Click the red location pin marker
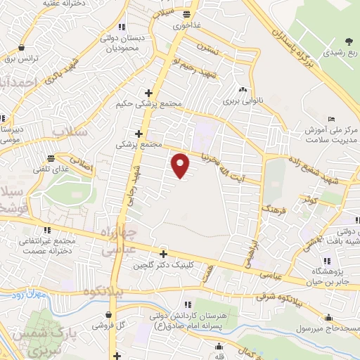[x=181, y=166]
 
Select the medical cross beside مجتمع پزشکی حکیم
[x=148, y=93]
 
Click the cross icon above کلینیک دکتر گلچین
[x=163, y=255]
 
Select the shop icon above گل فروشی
[x=111, y=314]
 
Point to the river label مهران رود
[x=28, y=296]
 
